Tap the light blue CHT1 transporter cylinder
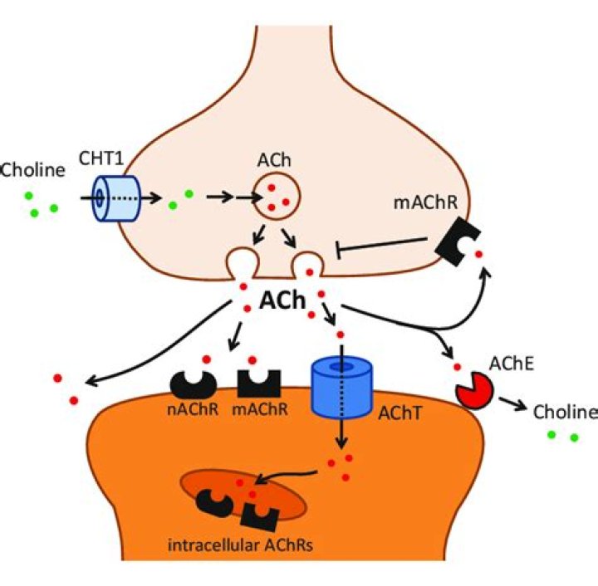(x=107, y=198)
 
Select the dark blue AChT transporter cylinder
(x=340, y=388)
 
